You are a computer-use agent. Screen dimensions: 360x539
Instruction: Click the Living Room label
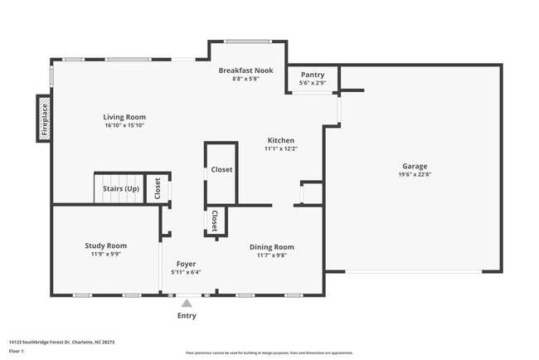coord(124,117)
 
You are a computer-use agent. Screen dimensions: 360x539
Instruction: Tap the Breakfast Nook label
coord(245,71)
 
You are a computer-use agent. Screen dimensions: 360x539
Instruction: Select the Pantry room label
coord(313,75)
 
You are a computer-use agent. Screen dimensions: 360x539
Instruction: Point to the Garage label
coord(415,166)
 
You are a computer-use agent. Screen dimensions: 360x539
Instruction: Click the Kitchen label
coord(280,140)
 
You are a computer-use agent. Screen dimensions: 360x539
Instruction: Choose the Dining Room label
coord(272,246)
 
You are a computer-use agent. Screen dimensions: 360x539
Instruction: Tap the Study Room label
coord(105,246)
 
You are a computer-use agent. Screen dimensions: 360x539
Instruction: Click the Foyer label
coord(186,263)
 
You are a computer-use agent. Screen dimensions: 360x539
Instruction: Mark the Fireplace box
coord(44,118)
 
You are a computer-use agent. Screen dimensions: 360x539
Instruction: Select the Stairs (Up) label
coord(120,189)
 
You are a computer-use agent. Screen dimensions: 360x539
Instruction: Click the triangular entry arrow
coord(187,303)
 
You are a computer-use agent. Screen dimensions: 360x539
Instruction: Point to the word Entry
coord(187,316)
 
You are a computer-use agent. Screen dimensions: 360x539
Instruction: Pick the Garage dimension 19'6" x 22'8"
coord(415,174)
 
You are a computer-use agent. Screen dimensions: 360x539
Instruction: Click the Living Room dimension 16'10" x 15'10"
coord(124,125)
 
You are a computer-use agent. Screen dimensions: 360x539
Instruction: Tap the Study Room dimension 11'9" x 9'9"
coord(105,254)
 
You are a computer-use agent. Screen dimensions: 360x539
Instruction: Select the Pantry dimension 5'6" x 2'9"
coord(313,83)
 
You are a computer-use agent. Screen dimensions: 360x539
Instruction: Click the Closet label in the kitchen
coord(221,169)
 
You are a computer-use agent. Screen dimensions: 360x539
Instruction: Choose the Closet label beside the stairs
coord(158,188)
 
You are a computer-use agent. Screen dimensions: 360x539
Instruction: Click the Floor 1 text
coord(17,351)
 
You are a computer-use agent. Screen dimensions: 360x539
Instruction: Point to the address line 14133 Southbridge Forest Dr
coord(61,342)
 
